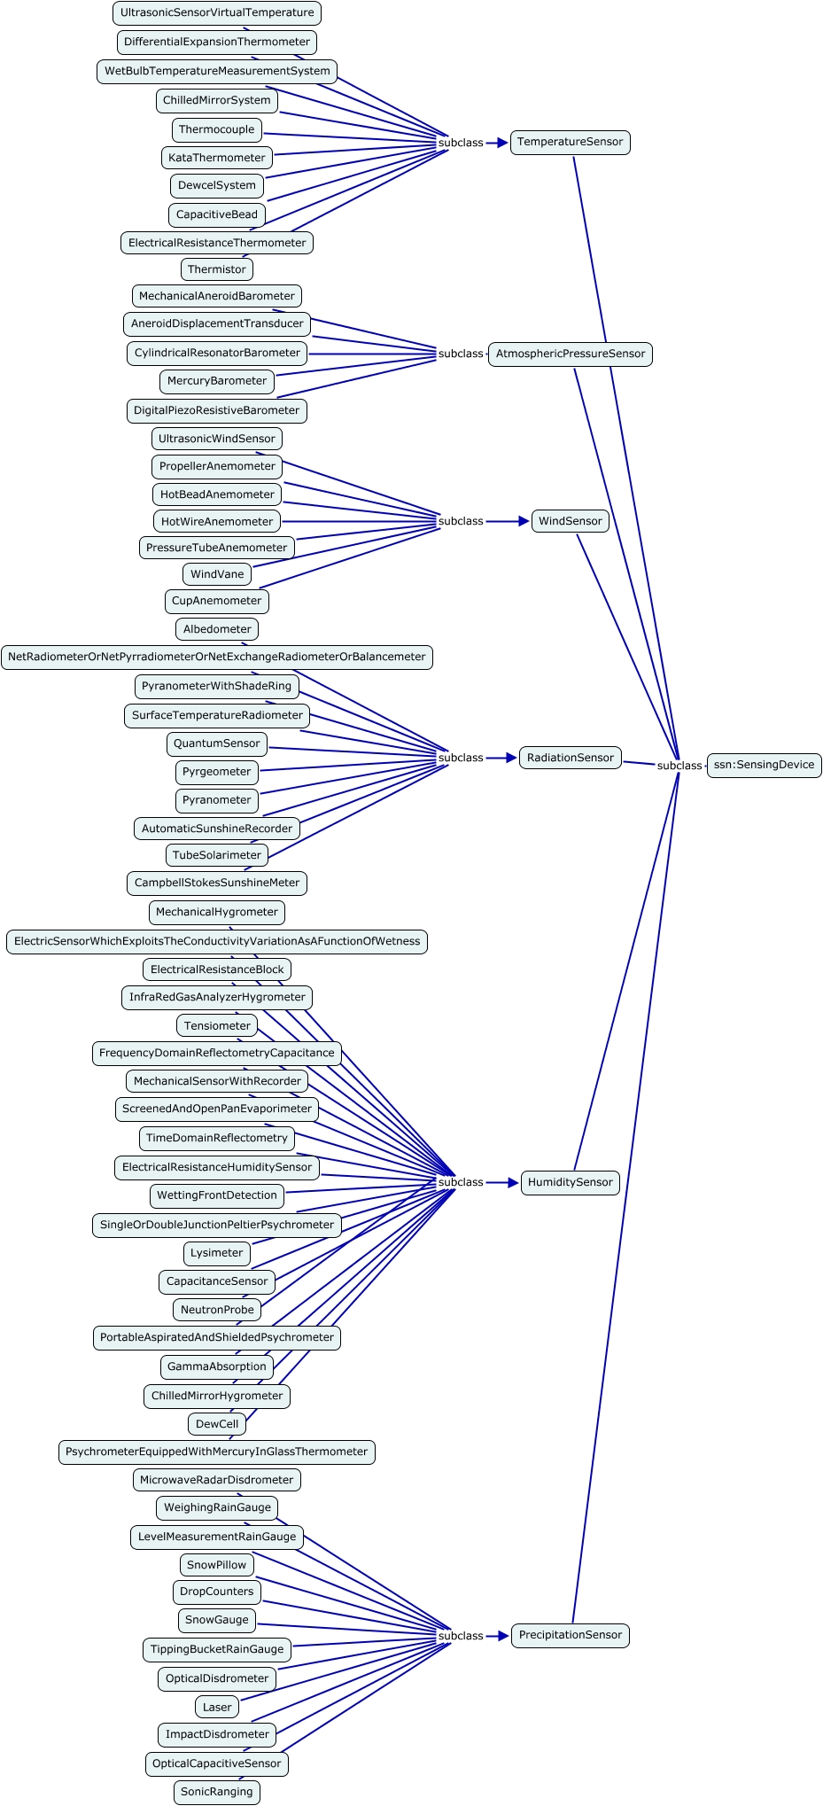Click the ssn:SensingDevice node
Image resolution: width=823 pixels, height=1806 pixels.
click(x=764, y=765)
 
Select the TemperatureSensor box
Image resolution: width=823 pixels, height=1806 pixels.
click(x=570, y=142)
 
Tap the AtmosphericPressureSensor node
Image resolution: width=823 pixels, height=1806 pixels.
click(x=570, y=354)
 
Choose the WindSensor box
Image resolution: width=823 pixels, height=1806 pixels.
click(x=570, y=521)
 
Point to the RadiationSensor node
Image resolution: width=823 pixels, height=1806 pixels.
click(x=570, y=758)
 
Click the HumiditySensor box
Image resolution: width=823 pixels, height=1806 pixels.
click(x=570, y=1182)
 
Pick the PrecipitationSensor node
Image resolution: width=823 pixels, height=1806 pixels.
click(x=570, y=1635)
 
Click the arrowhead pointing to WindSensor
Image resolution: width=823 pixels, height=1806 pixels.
click(x=523, y=521)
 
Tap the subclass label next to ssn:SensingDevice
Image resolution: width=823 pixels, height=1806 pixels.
click(x=679, y=766)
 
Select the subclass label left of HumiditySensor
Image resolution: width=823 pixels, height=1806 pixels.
click(x=461, y=1182)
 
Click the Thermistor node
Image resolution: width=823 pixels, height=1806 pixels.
click(x=217, y=269)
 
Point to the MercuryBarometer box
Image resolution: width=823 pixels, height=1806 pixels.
click(x=217, y=381)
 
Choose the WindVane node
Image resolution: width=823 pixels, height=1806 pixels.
click(x=217, y=574)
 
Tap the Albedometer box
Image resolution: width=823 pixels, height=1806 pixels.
click(x=217, y=629)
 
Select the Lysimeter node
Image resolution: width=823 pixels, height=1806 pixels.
click(x=217, y=1253)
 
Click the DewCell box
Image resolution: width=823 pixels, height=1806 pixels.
click(x=217, y=1424)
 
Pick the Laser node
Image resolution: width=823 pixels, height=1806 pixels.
click(x=217, y=1707)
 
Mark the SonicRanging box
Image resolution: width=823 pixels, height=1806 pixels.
click(x=217, y=1792)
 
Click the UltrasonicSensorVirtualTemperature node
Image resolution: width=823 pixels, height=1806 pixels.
click(x=217, y=12)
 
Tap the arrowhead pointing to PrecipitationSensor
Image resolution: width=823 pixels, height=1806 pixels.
click(x=503, y=1636)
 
